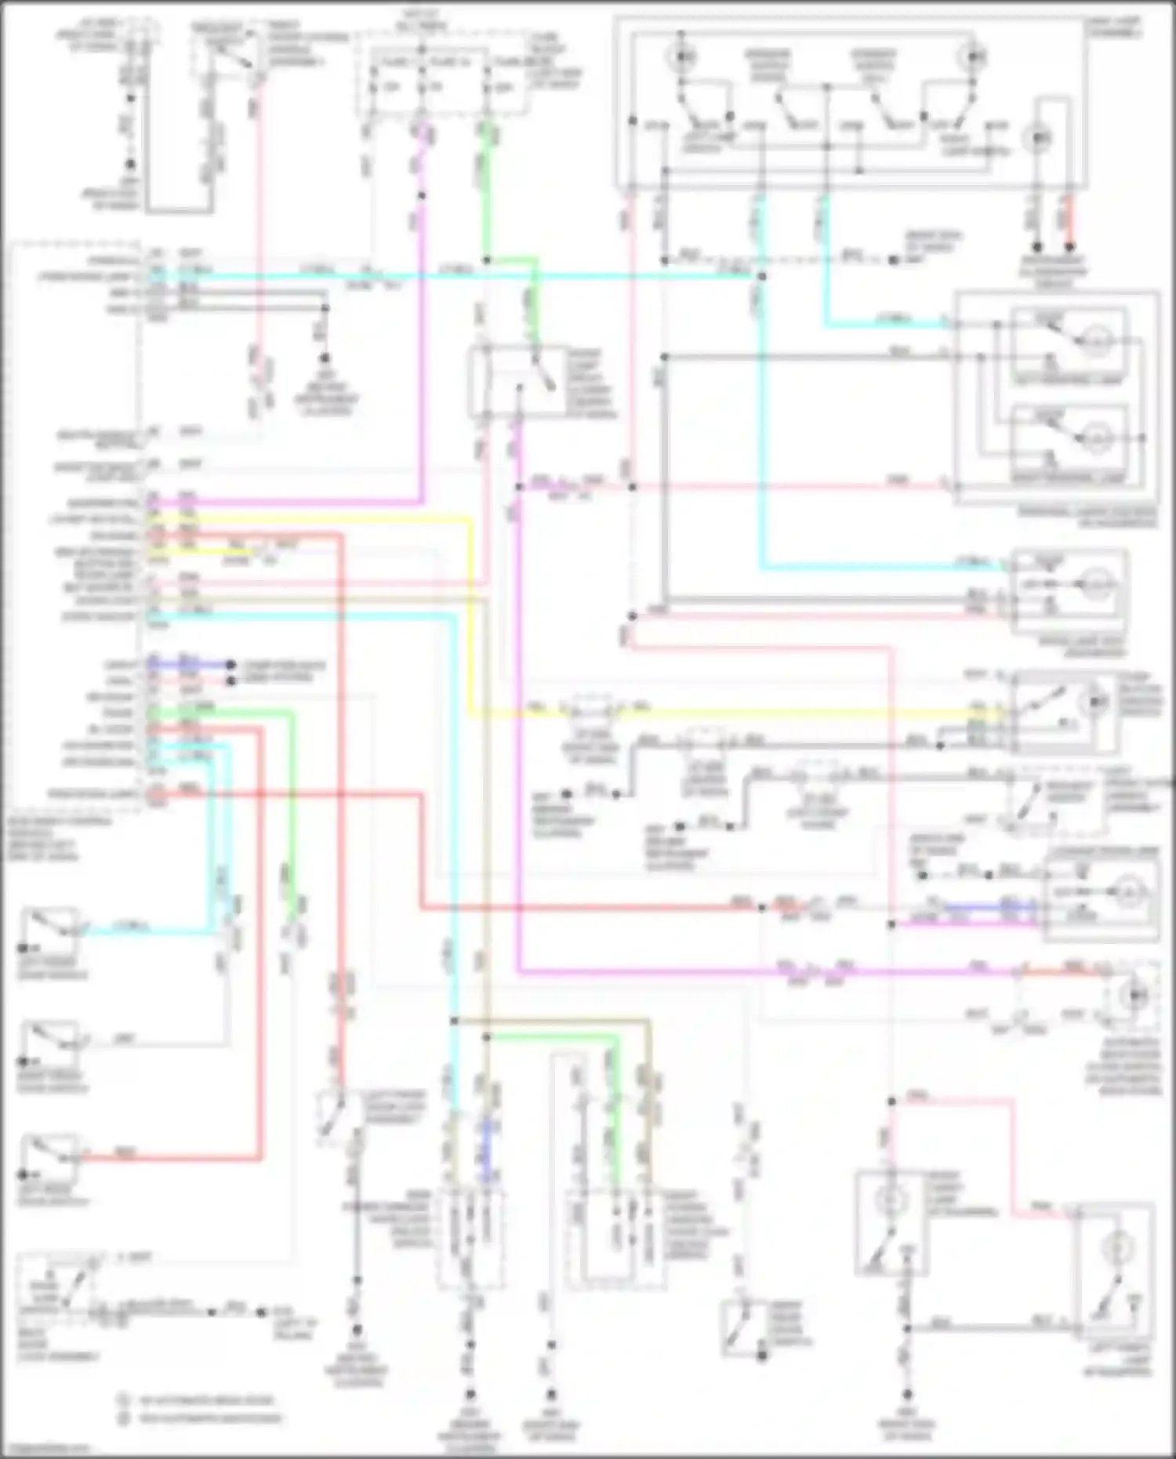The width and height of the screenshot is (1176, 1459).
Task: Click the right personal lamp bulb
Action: point(1096,438)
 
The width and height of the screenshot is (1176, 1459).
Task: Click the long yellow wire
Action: point(706,714)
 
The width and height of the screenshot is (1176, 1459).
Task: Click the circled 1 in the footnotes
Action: point(123,1399)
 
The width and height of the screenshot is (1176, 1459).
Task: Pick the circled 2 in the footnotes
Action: point(123,1417)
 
